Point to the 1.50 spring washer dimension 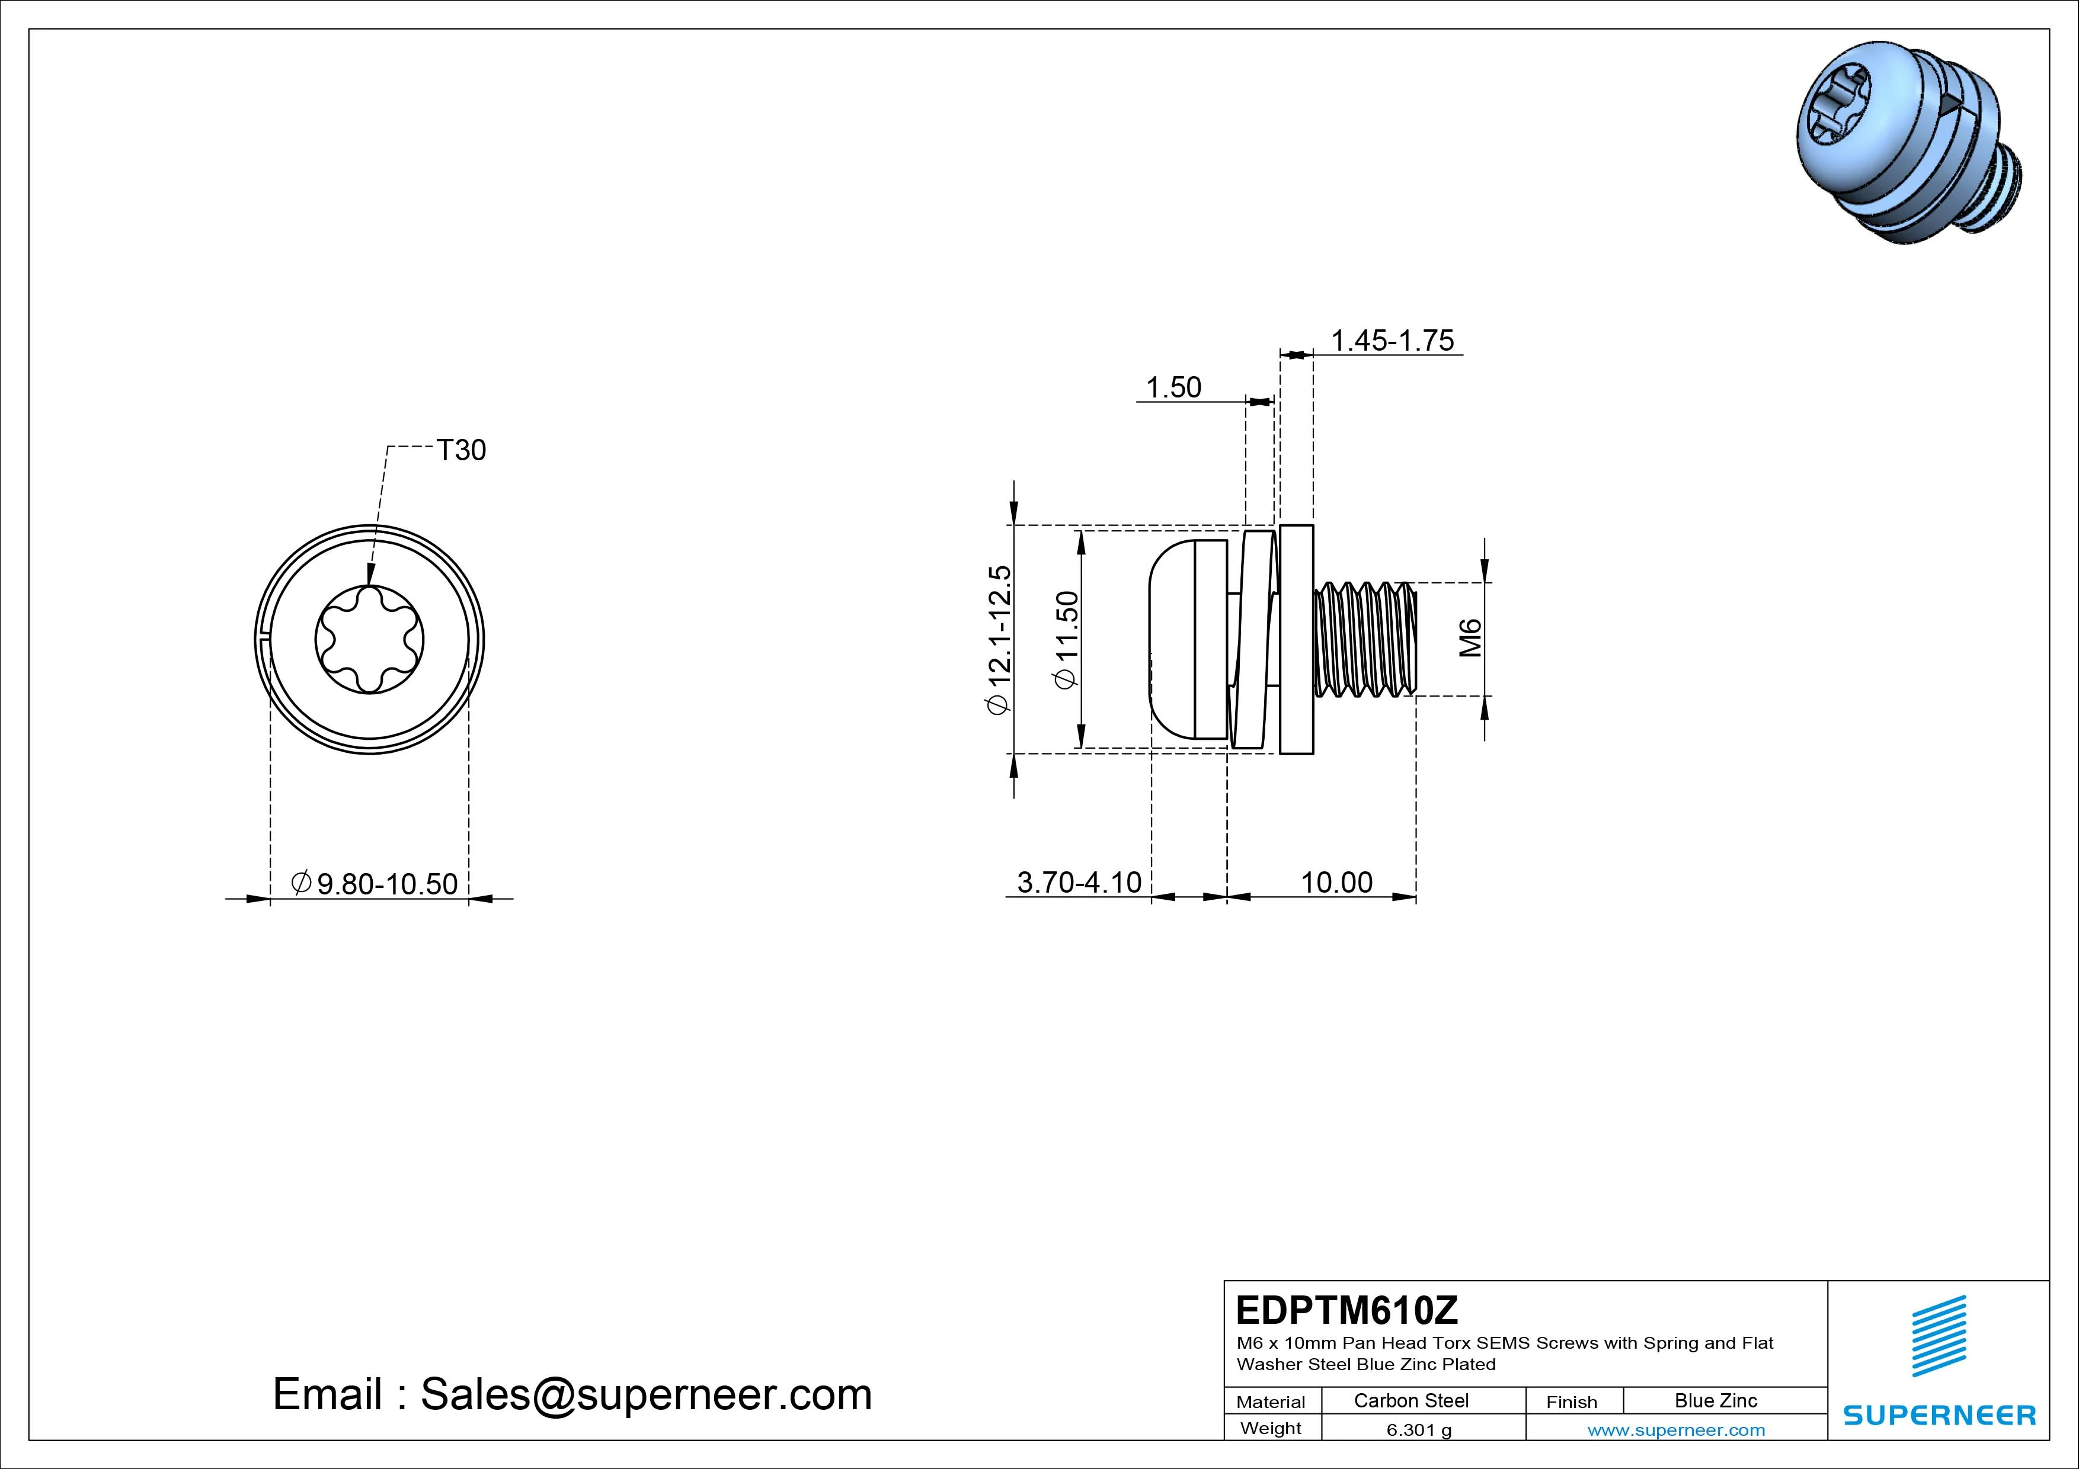coord(1173,387)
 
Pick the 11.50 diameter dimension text coord(1067,640)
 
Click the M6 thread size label coord(1470,638)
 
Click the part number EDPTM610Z coord(1346,1309)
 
